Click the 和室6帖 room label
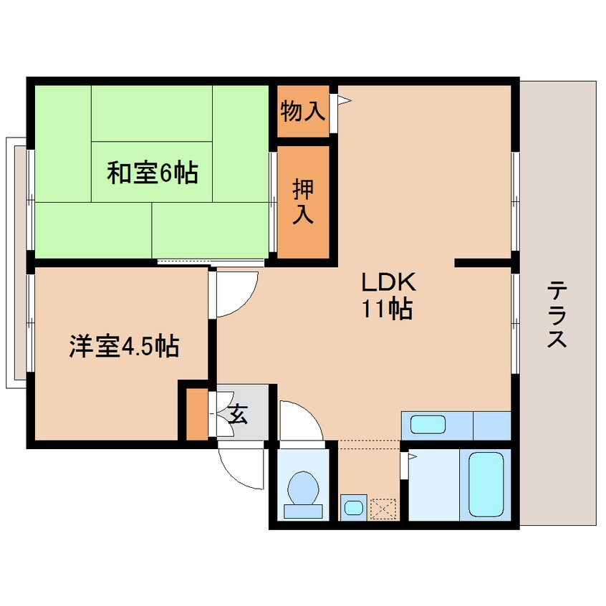(153, 173)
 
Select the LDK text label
(388, 282)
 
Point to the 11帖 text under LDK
(387, 309)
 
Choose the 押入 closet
(303, 202)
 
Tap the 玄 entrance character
(237, 413)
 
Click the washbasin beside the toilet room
(352, 507)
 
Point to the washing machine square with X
(383, 508)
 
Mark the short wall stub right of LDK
(484, 263)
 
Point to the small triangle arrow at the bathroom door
(412, 456)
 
